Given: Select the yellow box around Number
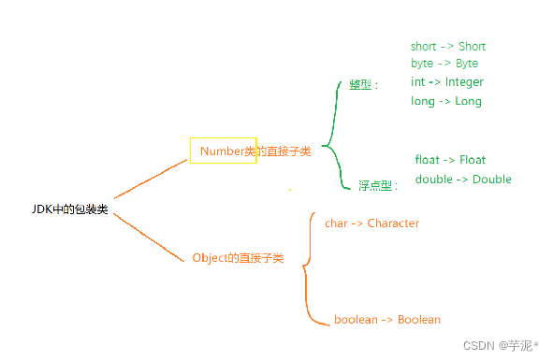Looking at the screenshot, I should [x=223, y=151].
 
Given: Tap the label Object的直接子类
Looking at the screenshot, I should [x=238, y=257].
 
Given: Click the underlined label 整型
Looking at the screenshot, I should [x=360, y=84].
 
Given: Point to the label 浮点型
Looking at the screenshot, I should [x=376, y=185].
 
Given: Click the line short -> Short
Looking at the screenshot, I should [x=447, y=46].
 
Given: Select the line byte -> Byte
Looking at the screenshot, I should [x=444, y=64].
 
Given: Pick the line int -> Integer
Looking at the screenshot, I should [x=446, y=81].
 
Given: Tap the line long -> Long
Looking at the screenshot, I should [x=445, y=101].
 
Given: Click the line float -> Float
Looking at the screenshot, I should [x=450, y=160].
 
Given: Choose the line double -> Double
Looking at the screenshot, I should [x=462, y=179].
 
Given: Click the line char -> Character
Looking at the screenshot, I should [x=371, y=223].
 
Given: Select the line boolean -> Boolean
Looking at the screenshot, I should [x=386, y=320].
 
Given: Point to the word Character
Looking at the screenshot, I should [x=393, y=223].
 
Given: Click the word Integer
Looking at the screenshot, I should [x=464, y=81].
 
